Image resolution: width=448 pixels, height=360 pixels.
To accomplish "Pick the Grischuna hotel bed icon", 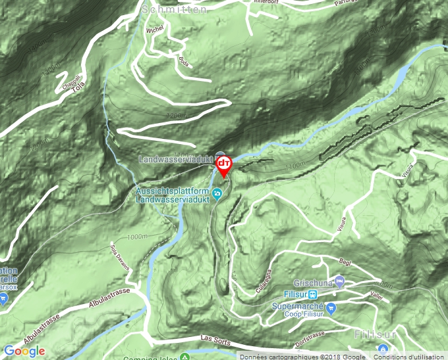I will click(x=339, y=282).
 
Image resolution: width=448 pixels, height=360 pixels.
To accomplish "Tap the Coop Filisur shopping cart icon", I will click(x=331, y=307).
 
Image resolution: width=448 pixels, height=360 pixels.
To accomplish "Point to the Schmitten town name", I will click(x=174, y=9).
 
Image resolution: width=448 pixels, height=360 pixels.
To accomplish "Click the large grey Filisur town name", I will click(x=376, y=334).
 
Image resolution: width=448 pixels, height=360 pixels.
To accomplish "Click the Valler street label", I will click(x=376, y=296).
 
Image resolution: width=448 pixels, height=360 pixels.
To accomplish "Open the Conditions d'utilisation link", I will click(x=408, y=356).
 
